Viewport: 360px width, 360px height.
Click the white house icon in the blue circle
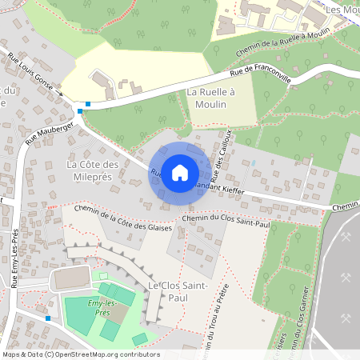(x=180, y=172)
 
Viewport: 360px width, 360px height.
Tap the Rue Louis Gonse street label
(x=35, y=74)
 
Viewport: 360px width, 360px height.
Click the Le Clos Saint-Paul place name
(x=178, y=292)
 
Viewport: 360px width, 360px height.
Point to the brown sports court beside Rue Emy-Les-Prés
(x=72, y=278)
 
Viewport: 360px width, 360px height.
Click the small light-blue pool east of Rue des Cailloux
(x=254, y=162)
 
